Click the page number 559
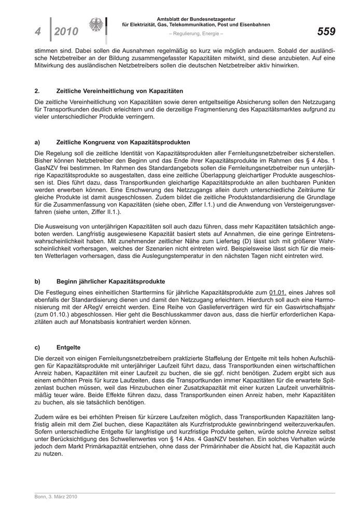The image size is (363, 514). coord(326,32)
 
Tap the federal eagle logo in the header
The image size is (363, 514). coord(96,26)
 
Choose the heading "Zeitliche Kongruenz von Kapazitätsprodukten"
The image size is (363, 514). coord(123,142)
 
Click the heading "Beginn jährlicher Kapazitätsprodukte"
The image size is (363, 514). coord(110,281)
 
